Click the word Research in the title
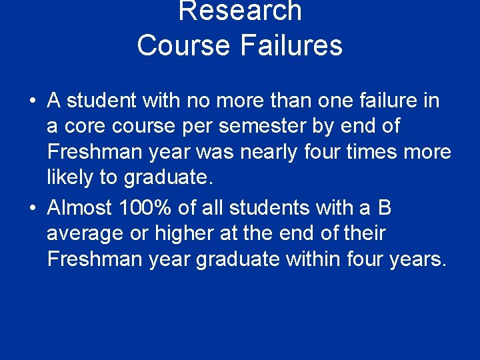click(240, 11)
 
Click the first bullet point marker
click(32, 101)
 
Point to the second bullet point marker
click(32, 209)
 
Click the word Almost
click(79, 208)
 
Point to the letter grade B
click(385, 208)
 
